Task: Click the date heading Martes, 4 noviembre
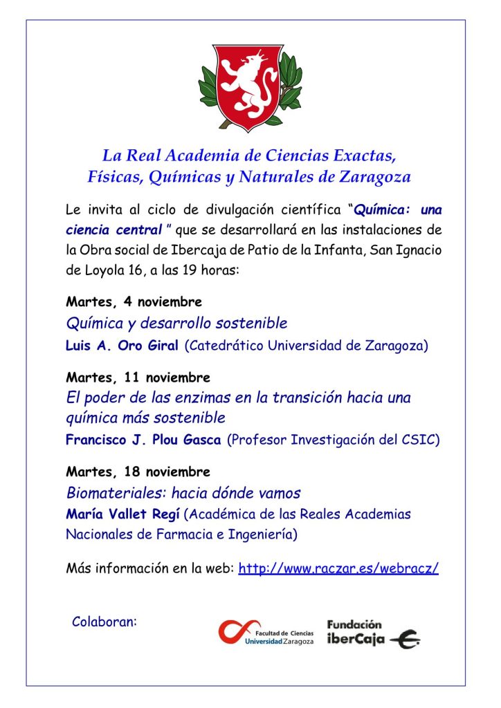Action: click(134, 302)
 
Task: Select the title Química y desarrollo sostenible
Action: click(176, 323)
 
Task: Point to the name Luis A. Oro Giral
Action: click(122, 345)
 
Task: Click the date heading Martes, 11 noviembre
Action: click(138, 378)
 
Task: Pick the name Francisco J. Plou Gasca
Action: click(144, 440)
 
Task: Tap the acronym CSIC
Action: click(420, 440)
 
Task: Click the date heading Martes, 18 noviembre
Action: click(138, 472)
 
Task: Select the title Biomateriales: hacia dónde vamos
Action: click(183, 493)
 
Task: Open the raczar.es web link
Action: click(338, 569)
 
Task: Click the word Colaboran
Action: click(104, 622)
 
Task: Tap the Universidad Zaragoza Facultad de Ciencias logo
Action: click(266, 631)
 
